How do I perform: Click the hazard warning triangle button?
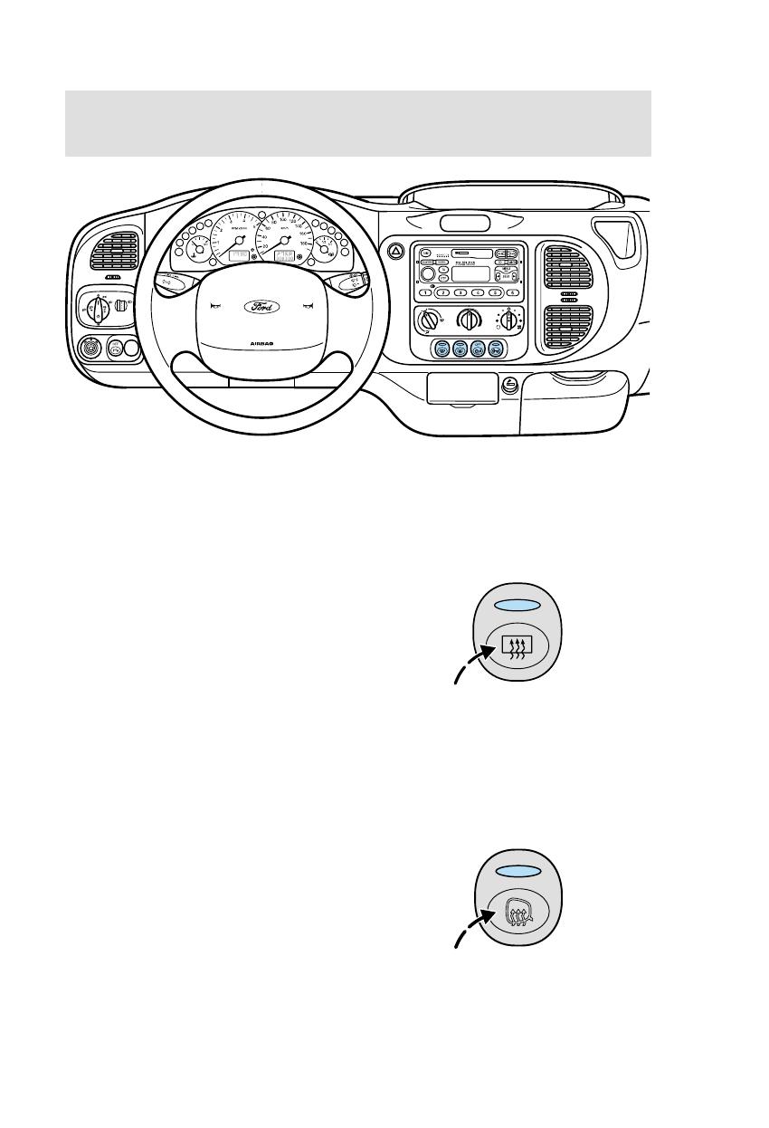tap(394, 253)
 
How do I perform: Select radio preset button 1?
tap(423, 293)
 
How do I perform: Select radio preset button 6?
tap(513, 293)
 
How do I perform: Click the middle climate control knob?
tap(468, 319)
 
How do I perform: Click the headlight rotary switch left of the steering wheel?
tap(97, 307)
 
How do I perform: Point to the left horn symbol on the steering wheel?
tap(214, 306)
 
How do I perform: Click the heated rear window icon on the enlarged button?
tap(517, 645)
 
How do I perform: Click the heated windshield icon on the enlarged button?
tap(517, 910)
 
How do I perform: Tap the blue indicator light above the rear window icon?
tap(517, 606)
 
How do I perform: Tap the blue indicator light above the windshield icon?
tap(517, 870)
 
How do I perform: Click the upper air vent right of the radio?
tap(568, 267)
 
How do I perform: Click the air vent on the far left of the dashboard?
tap(114, 252)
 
